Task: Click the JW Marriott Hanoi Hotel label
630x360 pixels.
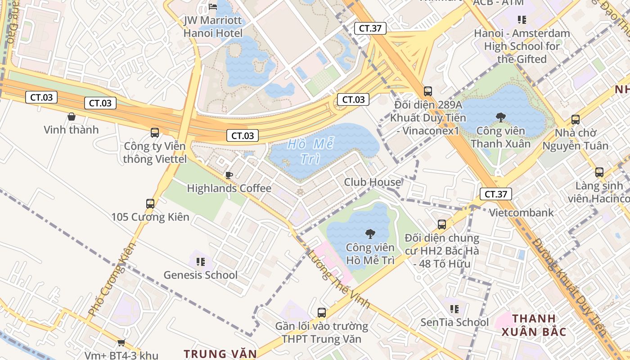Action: tap(213, 27)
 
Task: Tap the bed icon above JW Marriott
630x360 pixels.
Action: tap(213, 7)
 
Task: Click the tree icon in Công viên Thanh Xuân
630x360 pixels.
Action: tap(500, 118)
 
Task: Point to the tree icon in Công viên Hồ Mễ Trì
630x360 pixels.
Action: tap(370, 234)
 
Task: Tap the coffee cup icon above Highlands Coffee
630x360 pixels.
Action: tap(229, 175)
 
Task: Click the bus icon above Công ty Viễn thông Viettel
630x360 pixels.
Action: tap(155, 133)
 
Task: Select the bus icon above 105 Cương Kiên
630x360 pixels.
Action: tap(150, 203)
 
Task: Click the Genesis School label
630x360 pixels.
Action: tap(200, 275)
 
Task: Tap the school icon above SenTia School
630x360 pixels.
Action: tap(454, 309)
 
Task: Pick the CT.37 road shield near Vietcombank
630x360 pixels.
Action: tap(496, 194)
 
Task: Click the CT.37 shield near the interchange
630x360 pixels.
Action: tap(370, 28)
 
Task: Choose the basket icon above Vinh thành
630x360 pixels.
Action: tap(71, 117)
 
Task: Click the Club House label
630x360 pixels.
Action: tap(372, 182)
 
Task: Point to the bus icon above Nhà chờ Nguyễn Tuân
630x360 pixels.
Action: tap(575, 120)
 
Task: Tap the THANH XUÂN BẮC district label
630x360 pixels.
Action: tap(533, 325)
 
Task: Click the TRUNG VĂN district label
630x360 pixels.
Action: tap(220, 354)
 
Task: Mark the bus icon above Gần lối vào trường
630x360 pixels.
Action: tap(321, 312)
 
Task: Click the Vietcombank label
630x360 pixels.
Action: tap(521, 212)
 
